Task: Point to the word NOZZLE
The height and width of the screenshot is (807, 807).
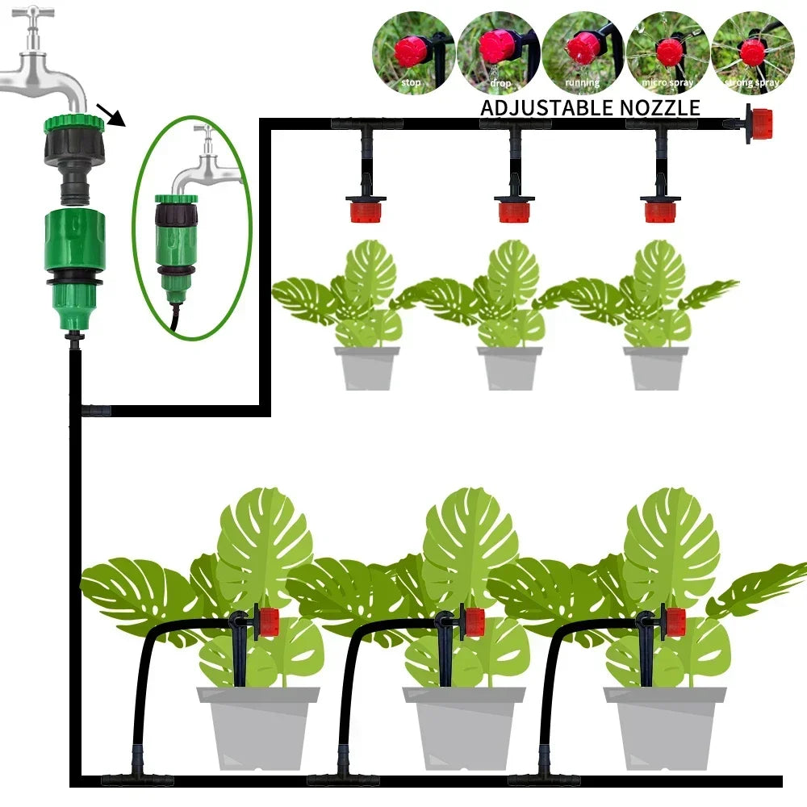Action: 662,107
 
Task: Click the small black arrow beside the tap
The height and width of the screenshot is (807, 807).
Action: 111,114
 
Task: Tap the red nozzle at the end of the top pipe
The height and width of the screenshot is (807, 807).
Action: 759,124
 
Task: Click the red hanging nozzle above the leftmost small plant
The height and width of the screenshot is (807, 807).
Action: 366,212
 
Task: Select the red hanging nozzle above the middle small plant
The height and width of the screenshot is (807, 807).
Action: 513,212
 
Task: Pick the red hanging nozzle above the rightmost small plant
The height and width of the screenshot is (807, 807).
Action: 660,212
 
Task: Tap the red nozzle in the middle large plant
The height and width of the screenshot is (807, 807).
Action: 474,622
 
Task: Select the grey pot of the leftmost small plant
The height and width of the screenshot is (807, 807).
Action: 366,369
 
